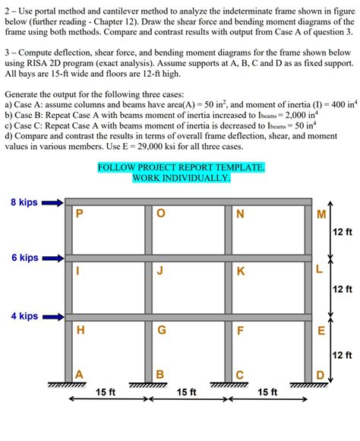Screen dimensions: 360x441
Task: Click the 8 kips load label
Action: point(24,202)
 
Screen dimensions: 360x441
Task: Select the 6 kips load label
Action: point(24,258)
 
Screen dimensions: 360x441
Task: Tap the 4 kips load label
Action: point(24,316)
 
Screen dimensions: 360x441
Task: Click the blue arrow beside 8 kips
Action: point(53,203)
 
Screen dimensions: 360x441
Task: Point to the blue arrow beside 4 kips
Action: point(53,316)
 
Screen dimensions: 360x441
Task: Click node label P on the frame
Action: point(80,214)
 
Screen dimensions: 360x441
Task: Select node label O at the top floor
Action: point(159,214)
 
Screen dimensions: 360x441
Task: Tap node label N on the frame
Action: point(241,214)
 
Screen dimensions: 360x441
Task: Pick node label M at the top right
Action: point(321,214)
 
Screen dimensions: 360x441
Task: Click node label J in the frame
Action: point(159,271)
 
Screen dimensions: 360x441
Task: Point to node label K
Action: point(241,271)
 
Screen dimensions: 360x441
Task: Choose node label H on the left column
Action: point(80,330)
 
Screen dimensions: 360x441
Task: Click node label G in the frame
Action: point(161,330)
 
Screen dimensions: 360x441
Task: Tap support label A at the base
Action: point(79,373)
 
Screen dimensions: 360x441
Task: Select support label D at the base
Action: point(320,373)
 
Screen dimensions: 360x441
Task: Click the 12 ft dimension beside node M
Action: point(343,231)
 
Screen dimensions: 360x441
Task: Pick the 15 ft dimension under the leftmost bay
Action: point(106,392)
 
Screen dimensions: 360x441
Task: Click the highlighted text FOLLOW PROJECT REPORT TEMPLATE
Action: point(181,167)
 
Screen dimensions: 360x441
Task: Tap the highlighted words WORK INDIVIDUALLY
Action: point(181,178)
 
